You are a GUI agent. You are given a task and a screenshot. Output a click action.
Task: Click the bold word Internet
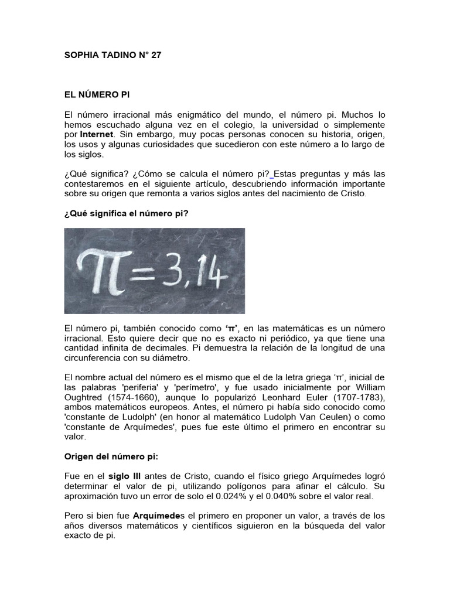[97, 134]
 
